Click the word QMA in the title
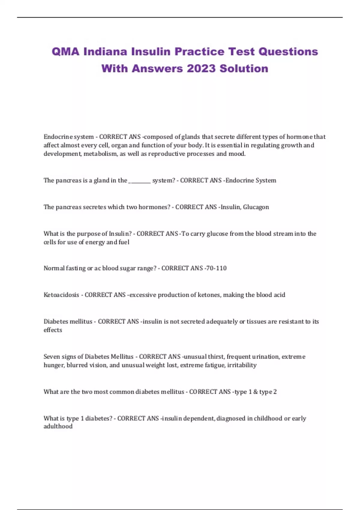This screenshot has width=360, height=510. (x=65, y=52)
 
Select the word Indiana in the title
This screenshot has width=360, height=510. (x=106, y=52)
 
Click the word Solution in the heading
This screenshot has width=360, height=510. (x=244, y=69)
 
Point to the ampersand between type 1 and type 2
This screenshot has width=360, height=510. (x=256, y=392)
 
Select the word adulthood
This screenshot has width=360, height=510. (x=58, y=426)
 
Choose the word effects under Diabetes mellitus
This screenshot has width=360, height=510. (x=53, y=330)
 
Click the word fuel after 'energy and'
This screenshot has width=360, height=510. (x=124, y=242)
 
